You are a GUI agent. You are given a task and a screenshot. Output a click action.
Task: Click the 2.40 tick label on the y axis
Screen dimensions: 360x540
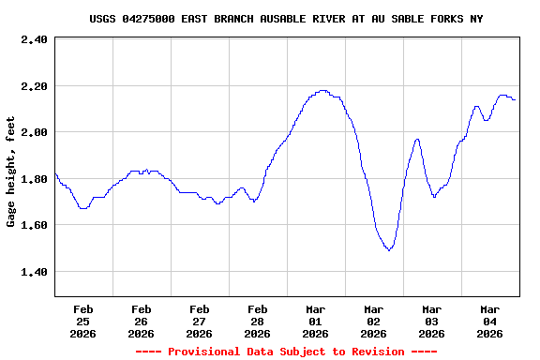tap(34, 39)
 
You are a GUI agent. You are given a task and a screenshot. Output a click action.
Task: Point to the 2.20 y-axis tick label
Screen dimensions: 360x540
tap(34, 86)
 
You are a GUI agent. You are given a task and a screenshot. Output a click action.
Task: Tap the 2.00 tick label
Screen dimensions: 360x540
tap(34, 132)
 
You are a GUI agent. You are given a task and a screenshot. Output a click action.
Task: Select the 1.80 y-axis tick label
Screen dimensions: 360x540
tap(34, 179)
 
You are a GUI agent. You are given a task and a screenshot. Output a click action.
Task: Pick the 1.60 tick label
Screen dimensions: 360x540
tap(34, 225)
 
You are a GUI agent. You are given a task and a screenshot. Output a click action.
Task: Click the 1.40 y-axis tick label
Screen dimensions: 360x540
tap(34, 272)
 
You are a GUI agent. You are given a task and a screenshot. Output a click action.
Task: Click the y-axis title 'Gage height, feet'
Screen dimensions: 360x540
tap(11, 172)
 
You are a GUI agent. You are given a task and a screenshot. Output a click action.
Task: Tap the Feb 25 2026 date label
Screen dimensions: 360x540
tap(82, 321)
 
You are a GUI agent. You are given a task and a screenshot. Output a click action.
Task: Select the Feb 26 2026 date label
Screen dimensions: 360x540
tap(141, 321)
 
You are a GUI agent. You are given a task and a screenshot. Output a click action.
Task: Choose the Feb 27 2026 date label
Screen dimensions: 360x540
tap(199, 321)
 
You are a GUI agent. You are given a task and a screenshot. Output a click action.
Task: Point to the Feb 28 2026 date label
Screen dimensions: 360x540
tap(257, 321)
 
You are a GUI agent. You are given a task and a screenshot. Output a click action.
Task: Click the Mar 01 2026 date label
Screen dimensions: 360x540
tap(315, 321)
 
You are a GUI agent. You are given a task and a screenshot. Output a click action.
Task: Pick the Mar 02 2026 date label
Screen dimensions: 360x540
tap(373, 321)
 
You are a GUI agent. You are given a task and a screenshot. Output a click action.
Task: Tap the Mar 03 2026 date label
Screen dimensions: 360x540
tap(431, 321)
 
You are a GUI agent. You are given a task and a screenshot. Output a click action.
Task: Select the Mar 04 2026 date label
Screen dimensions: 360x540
tap(489, 321)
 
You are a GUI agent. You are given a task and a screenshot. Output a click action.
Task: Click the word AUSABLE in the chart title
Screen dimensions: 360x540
tap(277, 19)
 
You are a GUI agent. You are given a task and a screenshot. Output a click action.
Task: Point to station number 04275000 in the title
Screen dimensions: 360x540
tap(155, 19)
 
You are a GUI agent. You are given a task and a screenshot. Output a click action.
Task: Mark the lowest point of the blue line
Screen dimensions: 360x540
tap(389, 250)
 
